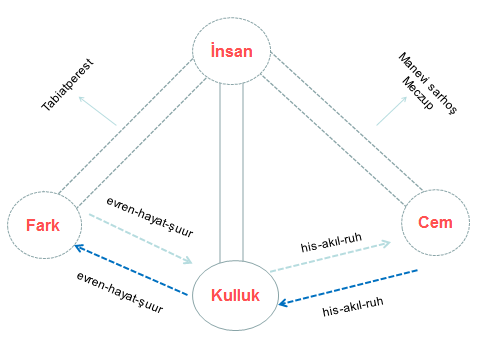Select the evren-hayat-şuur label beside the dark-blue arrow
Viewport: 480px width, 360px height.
[x=119, y=293]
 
